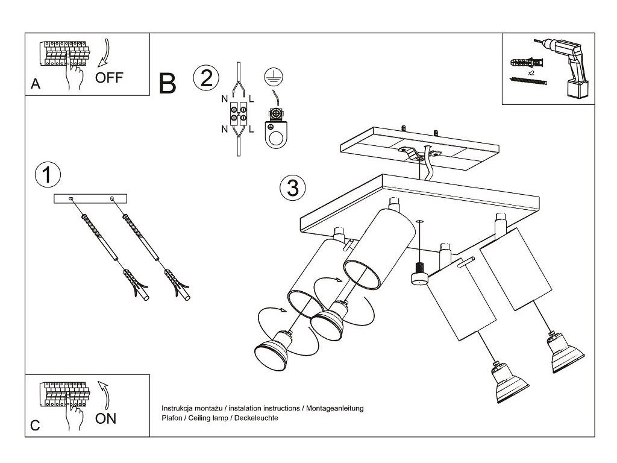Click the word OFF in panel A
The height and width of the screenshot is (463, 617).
[109, 78]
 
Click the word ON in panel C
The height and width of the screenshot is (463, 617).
[106, 418]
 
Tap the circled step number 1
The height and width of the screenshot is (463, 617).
[48, 175]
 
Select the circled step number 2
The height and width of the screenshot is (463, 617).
[205, 78]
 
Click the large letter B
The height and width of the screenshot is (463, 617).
[168, 84]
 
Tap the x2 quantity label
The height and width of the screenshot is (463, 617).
[531, 72]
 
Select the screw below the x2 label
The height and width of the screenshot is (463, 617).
[528, 80]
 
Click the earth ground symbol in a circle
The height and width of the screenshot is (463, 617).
[274, 77]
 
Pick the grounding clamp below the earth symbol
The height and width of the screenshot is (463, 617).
[277, 127]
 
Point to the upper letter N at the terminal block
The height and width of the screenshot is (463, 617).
[224, 98]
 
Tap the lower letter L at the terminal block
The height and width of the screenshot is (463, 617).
[251, 128]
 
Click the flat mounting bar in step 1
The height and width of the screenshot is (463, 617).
[90, 198]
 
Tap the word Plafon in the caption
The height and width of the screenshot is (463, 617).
[172, 418]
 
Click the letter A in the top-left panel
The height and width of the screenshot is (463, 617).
[36, 86]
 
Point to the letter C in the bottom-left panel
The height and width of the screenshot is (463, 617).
[36, 426]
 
